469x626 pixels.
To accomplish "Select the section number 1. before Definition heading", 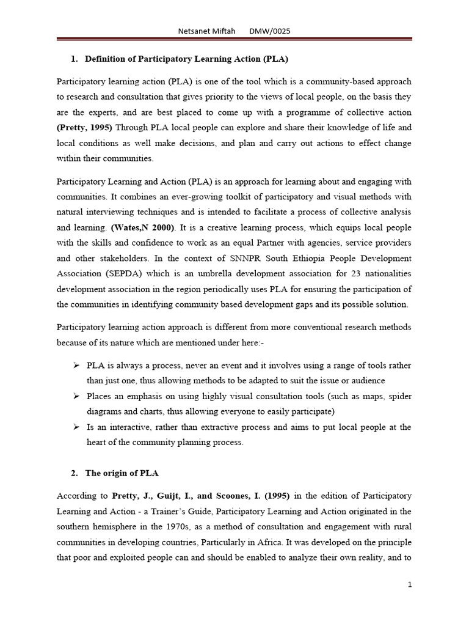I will click(74, 59).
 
